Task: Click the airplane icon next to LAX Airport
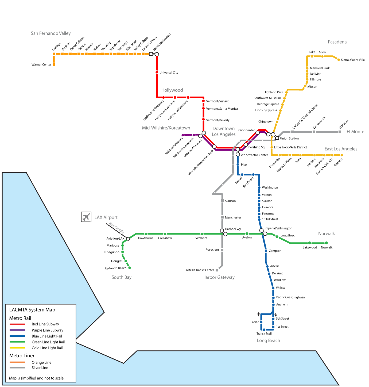pos(86,217)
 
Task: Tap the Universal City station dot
pos(157,72)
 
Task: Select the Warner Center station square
pos(54,64)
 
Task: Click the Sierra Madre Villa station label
pos(353,60)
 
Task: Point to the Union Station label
pos(289,139)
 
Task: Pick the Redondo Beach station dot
pos(130,268)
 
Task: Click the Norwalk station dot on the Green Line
pos(326,243)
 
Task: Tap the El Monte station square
pos(340,132)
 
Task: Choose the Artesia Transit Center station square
pos(217,270)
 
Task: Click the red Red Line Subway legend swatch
pos(17,324)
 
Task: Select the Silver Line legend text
pos(40,368)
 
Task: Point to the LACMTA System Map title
pos(32,310)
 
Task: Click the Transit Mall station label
pos(264,334)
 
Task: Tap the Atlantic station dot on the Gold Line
pos(341,155)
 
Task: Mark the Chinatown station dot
pos(277,122)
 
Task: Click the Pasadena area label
pos(337,42)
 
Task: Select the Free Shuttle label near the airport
pos(116,227)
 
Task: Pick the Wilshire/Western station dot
pos(183,135)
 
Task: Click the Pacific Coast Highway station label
pos(290,297)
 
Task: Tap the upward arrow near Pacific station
pos(258,314)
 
